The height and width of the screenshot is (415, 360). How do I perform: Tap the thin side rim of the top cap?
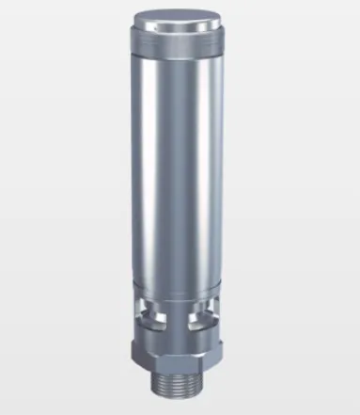(x=179, y=35)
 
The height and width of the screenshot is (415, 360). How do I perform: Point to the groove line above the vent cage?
(x=179, y=285)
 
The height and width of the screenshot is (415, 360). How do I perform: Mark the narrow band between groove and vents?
(x=179, y=294)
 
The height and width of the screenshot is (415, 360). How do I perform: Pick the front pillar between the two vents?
(x=178, y=315)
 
